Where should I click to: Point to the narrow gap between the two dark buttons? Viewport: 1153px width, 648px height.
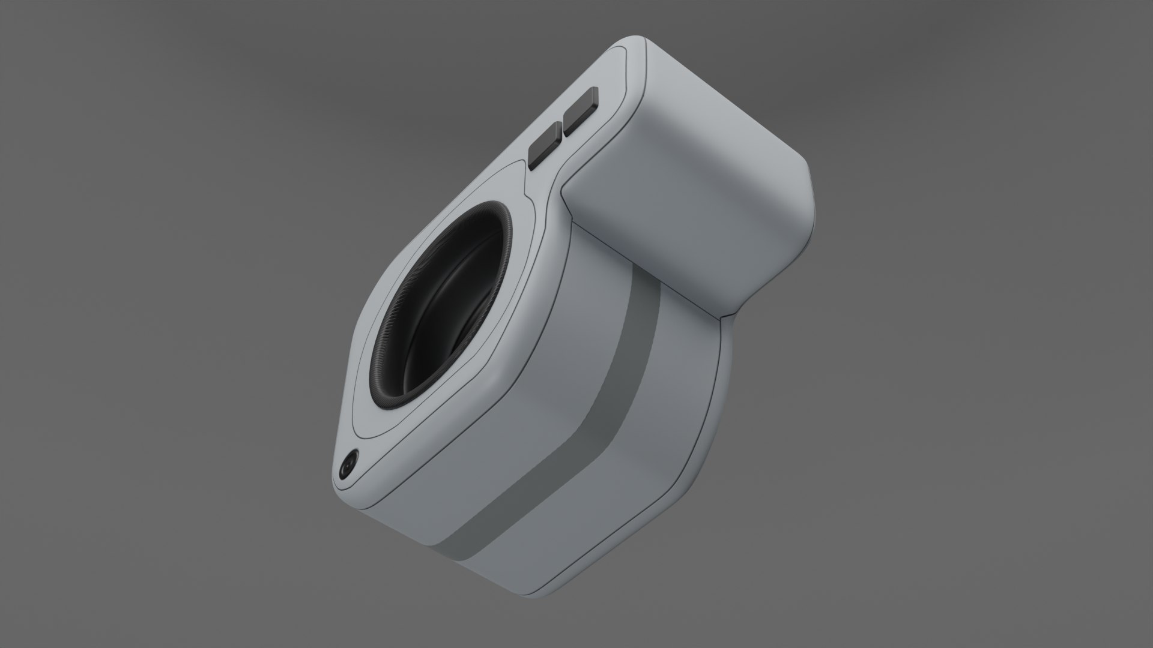[x=563, y=128]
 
